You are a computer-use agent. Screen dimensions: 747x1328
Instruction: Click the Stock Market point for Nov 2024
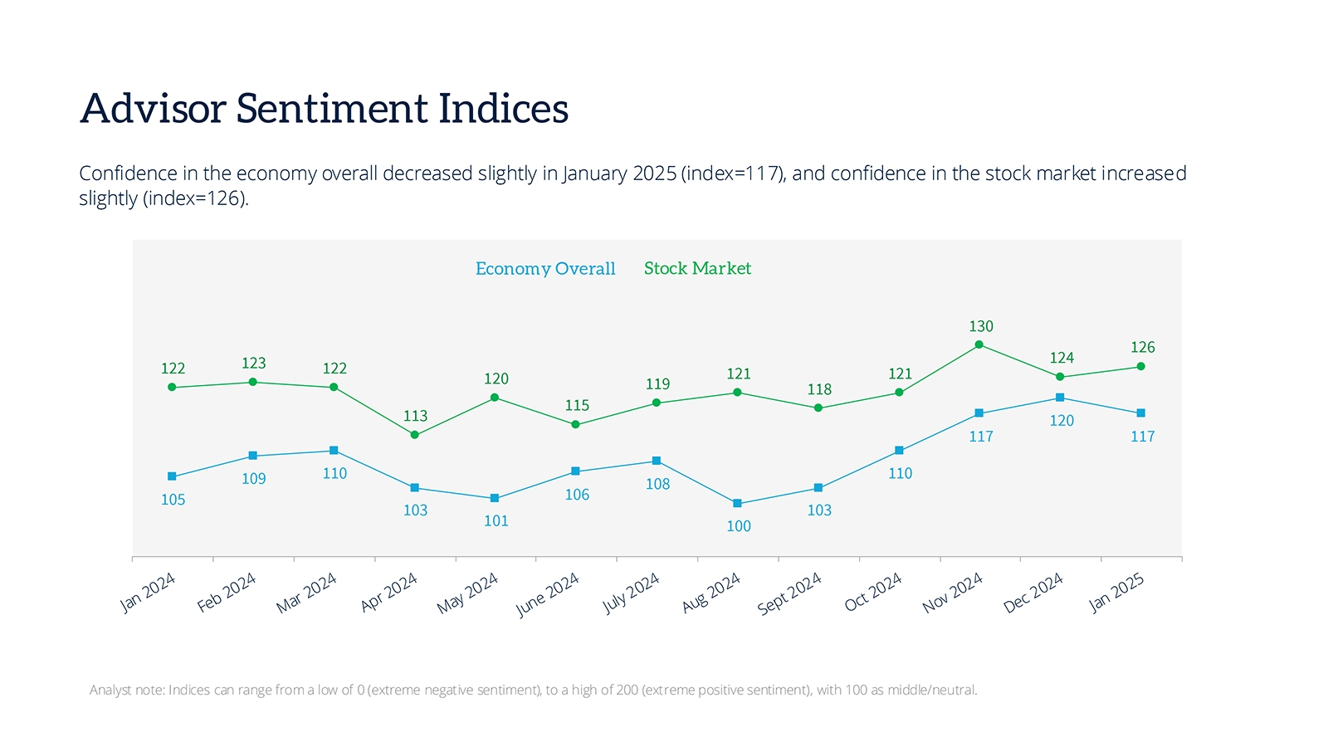[x=979, y=344]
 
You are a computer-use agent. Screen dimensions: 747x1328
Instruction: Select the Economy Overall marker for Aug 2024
[x=737, y=504]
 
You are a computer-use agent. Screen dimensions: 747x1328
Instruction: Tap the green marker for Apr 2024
[x=415, y=435]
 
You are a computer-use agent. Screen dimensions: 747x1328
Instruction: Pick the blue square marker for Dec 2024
[x=1060, y=398]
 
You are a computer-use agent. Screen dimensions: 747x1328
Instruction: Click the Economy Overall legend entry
[x=545, y=269]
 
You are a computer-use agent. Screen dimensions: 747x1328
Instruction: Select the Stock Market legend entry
[x=697, y=268]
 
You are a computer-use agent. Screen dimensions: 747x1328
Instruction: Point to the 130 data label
[x=981, y=326]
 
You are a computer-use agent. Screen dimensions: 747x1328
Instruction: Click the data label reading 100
[x=739, y=526]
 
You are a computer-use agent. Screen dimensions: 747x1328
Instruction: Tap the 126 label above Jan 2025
[x=1142, y=347]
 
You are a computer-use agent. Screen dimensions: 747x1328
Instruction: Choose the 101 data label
[x=496, y=521]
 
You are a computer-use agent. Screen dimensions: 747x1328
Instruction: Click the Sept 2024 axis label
[x=789, y=593]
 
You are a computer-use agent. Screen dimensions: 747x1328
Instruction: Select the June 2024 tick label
[x=548, y=595]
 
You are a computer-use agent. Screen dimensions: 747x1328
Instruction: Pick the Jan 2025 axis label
[x=1116, y=593]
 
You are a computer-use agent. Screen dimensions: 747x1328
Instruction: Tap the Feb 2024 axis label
[x=227, y=593]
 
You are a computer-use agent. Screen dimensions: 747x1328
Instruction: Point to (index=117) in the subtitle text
[x=732, y=173]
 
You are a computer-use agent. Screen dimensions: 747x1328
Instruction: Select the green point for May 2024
[x=495, y=398]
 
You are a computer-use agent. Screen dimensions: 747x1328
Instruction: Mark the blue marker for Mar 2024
[x=334, y=451]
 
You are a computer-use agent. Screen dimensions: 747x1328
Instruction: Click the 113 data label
[x=415, y=416]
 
